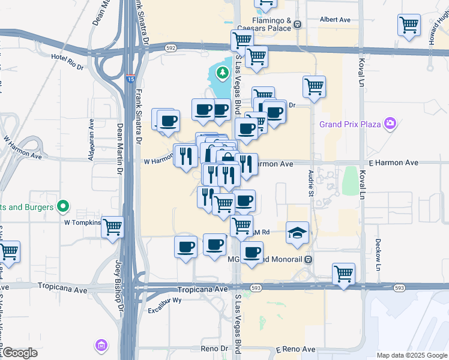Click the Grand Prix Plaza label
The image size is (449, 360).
coord(351,124)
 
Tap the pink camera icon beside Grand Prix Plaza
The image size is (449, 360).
coord(391,124)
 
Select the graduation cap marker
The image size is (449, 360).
coord(297,233)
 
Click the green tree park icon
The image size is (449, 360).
coord(223,73)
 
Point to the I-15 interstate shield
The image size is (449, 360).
coord(131,78)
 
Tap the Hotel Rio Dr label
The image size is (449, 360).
coord(68,61)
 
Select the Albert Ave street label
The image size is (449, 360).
coord(335,20)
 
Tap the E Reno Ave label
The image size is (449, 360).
coord(296,349)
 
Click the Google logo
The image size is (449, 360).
coord(20,353)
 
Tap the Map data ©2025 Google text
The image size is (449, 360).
coord(411,355)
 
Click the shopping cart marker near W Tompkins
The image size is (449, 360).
coord(113,227)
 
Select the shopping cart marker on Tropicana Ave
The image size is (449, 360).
coord(343,274)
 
